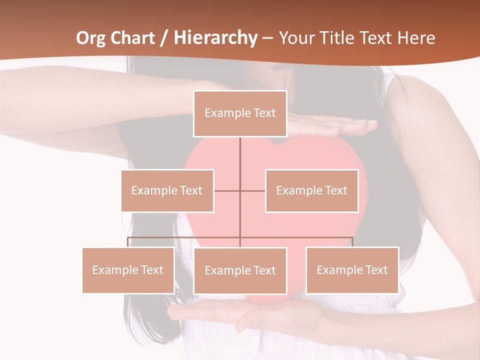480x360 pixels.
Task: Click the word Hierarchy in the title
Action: [215, 38]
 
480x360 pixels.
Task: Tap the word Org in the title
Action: [91, 38]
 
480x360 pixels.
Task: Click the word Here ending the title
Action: [416, 38]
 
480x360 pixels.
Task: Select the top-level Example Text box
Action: [240, 113]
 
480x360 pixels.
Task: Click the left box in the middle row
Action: [167, 190]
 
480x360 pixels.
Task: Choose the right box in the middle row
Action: [311, 190]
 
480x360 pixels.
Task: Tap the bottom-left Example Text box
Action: [128, 270]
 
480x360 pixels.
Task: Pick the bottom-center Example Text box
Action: [240, 270]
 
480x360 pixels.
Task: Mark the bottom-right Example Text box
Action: [352, 270]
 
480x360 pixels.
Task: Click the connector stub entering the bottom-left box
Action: [128, 242]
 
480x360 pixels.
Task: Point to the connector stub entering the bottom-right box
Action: [352, 242]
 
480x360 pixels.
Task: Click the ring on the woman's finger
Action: [302, 120]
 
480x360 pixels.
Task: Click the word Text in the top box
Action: [264, 113]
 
